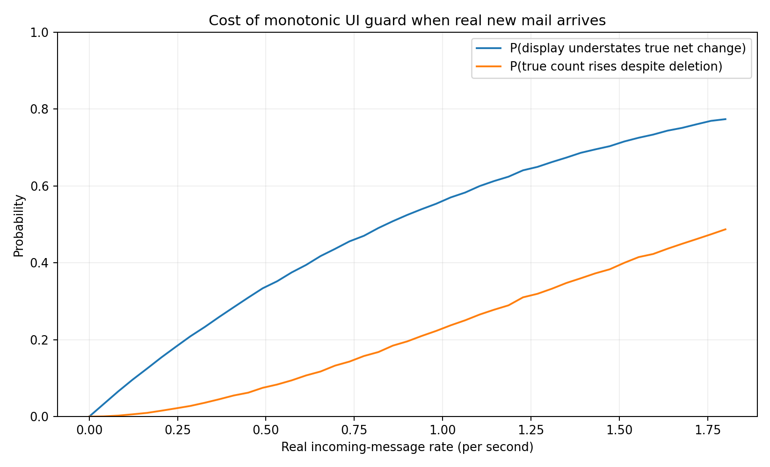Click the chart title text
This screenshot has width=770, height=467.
coord(407,21)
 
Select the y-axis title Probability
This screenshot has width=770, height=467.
coord(19,226)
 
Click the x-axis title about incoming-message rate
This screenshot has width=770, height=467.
coord(407,447)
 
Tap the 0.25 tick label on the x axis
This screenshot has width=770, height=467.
coord(177,431)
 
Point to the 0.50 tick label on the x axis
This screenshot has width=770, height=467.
coord(265,431)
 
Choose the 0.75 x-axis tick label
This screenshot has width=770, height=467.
coord(354,431)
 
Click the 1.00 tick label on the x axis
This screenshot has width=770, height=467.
coord(442,431)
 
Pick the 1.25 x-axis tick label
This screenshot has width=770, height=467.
coord(530,431)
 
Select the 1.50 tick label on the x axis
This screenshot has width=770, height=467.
coord(619,431)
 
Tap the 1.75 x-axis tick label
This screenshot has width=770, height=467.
coord(707,431)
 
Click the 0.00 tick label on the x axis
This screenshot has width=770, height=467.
coord(89,431)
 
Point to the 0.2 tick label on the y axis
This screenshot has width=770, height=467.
coord(40,340)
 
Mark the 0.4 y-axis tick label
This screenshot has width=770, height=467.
coord(40,263)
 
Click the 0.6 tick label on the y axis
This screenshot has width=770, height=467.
coord(40,186)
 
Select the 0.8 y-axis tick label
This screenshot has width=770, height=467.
coord(40,109)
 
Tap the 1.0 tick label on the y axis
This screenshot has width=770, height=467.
coord(40,33)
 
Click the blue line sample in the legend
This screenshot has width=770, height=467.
coord(488,49)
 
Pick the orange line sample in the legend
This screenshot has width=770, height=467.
coord(488,66)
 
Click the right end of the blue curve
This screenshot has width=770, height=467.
coord(726,119)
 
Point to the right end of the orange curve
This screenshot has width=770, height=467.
coord(726,229)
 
